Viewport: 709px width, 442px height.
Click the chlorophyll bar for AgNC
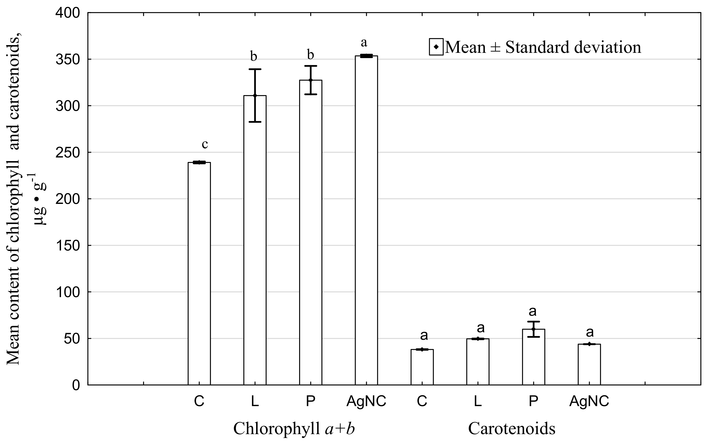coord(366,222)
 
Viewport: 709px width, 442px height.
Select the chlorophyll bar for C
coord(199,275)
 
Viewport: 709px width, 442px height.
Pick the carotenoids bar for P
coord(533,358)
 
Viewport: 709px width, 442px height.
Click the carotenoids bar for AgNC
coord(589,365)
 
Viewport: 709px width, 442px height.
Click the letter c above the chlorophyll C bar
coord(205,144)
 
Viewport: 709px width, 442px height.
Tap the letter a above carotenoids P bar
coord(533,311)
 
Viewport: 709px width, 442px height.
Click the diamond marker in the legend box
coord(436,47)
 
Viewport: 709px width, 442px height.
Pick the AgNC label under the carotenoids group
coord(589,402)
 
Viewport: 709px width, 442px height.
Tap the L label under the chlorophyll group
coord(255,402)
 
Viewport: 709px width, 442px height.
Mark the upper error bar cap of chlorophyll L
coord(255,69)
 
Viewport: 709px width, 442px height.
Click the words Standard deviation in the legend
coord(573,47)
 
